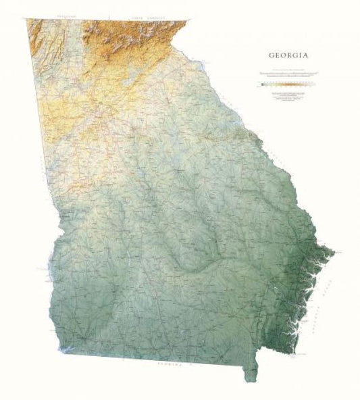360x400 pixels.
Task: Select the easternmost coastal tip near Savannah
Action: [x=332, y=252]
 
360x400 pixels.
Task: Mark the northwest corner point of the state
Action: [x=27, y=20]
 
